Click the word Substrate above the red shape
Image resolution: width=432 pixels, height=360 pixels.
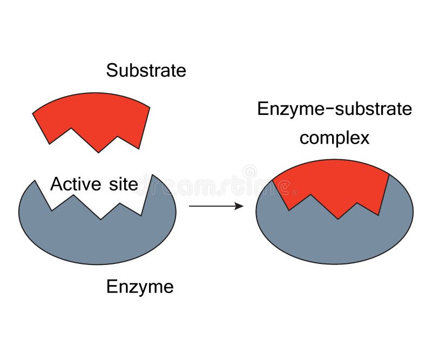tap(146, 70)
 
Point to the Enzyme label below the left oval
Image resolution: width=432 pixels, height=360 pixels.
tap(140, 286)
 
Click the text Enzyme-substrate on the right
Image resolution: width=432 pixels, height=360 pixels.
tap(334, 109)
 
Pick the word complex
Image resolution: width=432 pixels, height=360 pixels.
tap(334, 138)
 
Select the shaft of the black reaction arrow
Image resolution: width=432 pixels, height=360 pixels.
tap(211, 206)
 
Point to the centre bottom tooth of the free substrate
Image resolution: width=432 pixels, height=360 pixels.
tap(98, 151)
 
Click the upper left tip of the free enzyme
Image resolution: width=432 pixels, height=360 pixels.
tap(36, 182)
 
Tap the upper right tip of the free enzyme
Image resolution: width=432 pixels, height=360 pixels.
tap(153, 175)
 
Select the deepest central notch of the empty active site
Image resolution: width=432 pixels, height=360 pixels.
tap(101, 219)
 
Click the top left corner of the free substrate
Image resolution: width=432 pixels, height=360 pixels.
tap(33, 113)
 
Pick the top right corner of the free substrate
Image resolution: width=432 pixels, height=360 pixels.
tap(150, 107)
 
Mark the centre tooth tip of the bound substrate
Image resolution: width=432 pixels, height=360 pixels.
tap(339, 218)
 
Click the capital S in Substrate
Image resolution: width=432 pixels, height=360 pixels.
tap(111, 70)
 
